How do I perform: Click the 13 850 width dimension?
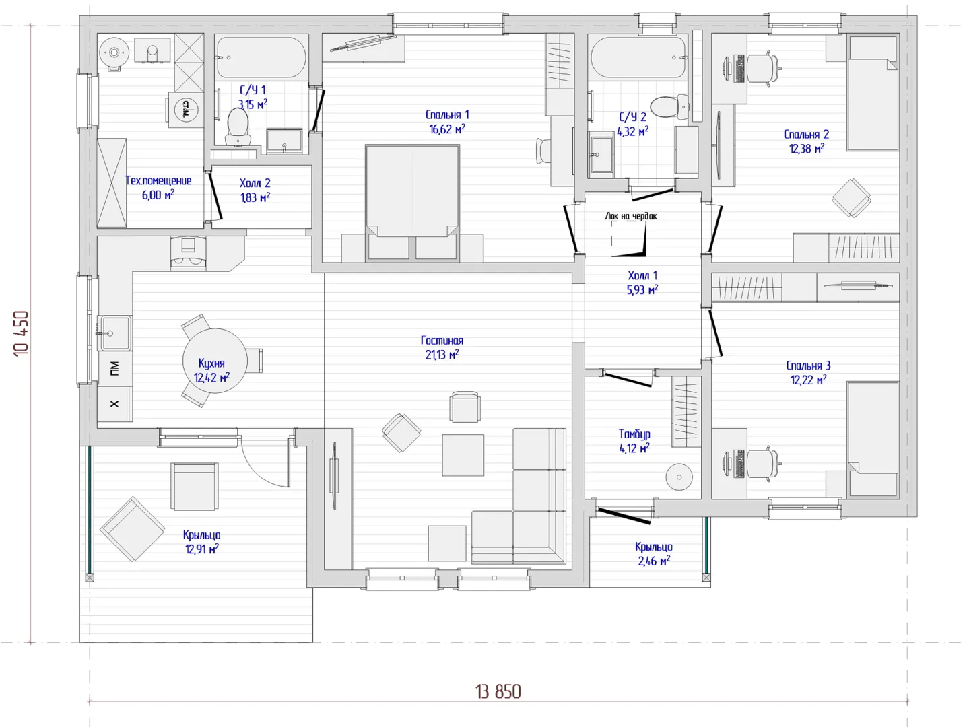click(498, 692)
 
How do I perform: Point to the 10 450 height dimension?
click(22, 333)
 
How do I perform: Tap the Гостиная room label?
click(442, 341)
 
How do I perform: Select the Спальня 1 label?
click(447, 115)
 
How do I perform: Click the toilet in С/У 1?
click(238, 127)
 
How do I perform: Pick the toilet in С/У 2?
click(669, 106)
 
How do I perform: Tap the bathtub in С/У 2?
click(639, 58)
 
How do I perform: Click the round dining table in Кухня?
click(215, 361)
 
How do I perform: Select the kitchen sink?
click(114, 333)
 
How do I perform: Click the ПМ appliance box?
click(114, 369)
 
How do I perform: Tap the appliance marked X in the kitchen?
click(114, 404)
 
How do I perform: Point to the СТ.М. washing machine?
click(186, 110)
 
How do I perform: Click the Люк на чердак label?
click(631, 216)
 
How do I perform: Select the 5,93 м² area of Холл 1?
click(642, 289)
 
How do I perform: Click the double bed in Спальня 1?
click(412, 203)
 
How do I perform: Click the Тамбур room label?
click(634, 434)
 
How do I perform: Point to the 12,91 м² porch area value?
click(202, 549)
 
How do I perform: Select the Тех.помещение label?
click(158, 181)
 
